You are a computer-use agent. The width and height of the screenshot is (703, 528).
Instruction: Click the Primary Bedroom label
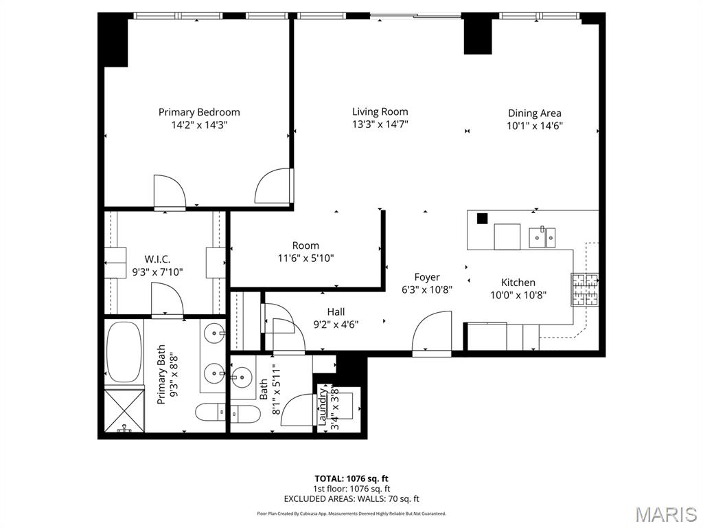click(x=199, y=112)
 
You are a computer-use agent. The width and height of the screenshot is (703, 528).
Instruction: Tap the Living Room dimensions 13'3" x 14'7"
click(x=380, y=124)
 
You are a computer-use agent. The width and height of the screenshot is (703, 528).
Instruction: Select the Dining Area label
click(x=534, y=113)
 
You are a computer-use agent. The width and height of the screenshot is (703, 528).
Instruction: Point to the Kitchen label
click(x=518, y=282)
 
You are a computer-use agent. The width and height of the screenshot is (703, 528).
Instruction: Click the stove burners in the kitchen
click(x=584, y=289)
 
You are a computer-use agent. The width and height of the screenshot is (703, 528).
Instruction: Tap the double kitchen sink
click(x=542, y=237)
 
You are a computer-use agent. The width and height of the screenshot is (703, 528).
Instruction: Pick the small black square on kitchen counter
click(x=482, y=218)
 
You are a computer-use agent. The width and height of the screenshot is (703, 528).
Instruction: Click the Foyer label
click(x=426, y=277)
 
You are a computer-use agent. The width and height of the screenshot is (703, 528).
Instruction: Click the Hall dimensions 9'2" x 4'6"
click(x=336, y=324)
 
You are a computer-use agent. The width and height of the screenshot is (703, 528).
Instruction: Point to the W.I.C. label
click(x=157, y=259)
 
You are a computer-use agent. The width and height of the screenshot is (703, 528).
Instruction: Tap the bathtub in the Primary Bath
click(x=124, y=352)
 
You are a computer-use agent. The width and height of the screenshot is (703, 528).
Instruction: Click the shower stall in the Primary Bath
click(x=124, y=410)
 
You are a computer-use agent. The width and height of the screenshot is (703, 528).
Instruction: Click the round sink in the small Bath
click(x=242, y=376)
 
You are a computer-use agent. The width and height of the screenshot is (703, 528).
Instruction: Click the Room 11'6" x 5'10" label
click(x=306, y=245)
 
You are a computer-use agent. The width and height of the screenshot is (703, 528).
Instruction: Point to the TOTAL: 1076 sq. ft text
click(x=351, y=478)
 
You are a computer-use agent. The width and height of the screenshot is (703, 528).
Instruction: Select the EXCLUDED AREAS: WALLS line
click(x=351, y=499)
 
